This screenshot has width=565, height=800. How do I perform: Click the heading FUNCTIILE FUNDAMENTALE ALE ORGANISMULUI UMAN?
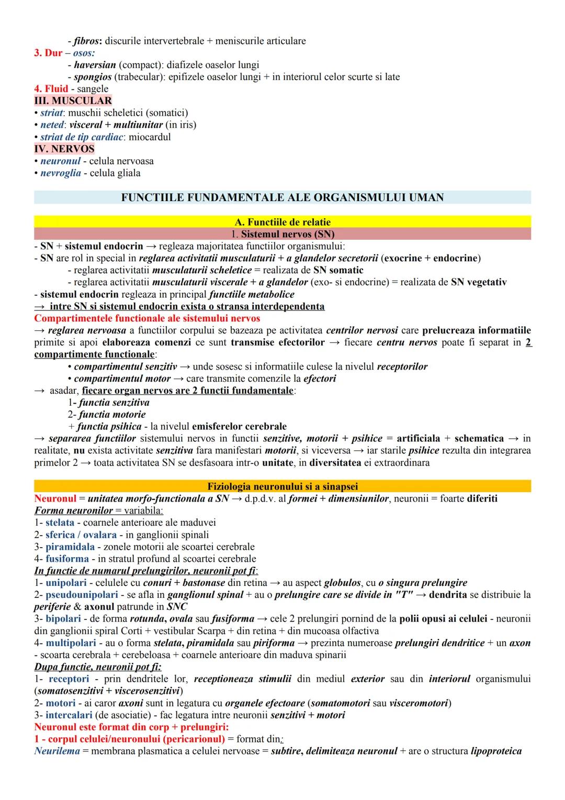tap(282, 197)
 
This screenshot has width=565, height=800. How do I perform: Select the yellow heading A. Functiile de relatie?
tap(282, 222)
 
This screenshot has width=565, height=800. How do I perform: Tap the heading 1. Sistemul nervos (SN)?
tap(282, 234)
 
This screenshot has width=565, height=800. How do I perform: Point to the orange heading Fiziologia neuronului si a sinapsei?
tap(282, 486)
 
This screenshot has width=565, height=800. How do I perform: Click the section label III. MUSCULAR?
tap(73, 101)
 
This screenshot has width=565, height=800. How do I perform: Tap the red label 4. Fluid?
tap(51, 89)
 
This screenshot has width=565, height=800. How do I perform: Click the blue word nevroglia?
tap(61, 173)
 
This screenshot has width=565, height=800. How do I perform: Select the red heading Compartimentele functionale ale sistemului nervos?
tap(147, 318)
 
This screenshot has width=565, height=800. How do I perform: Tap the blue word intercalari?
tap(69, 715)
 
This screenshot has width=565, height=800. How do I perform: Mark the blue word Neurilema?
tap(57, 751)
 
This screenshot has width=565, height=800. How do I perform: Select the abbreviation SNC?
tap(177, 607)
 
